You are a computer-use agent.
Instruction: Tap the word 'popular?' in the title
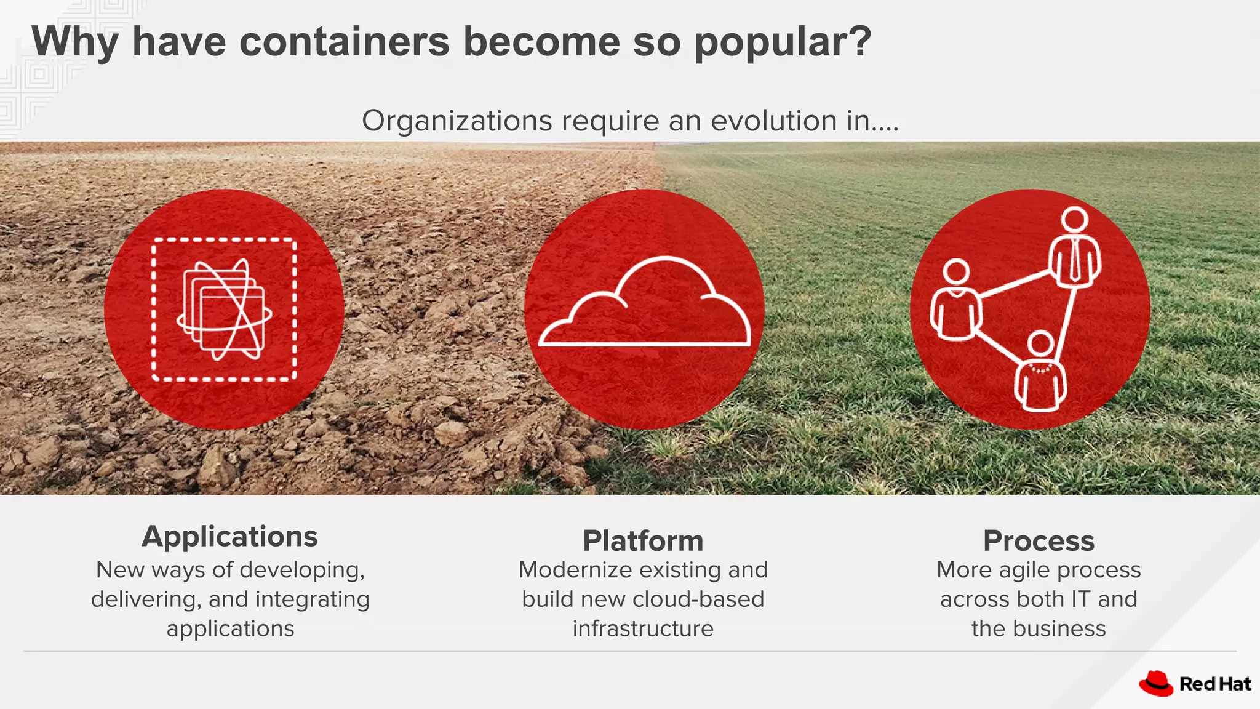tap(783, 42)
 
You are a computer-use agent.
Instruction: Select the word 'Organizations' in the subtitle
tap(457, 121)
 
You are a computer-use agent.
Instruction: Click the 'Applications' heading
tap(229, 537)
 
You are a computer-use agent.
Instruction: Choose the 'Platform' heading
tap(643, 541)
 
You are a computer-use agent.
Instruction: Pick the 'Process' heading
tap(1039, 541)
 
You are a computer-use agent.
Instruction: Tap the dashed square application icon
tap(225, 309)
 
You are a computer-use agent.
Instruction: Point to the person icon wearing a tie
tap(1074, 249)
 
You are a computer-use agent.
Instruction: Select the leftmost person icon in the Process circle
tap(955, 302)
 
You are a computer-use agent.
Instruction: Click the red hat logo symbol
tap(1155, 683)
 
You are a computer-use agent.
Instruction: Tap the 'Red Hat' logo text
tap(1215, 684)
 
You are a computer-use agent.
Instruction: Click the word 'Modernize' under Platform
tap(572, 570)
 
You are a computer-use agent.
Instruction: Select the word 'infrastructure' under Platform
tap(643, 628)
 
